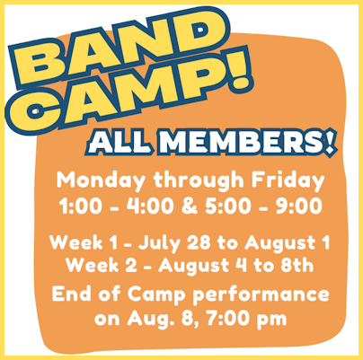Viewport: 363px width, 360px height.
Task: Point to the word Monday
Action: pyautogui.click(x=102, y=181)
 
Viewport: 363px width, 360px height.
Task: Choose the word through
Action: pyautogui.click(x=199, y=181)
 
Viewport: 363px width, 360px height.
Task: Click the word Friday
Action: pyautogui.click(x=288, y=180)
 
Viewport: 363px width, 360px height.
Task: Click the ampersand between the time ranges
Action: pyautogui.click(x=190, y=206)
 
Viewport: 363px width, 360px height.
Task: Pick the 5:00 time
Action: pyautogui.click(x=228, y=206)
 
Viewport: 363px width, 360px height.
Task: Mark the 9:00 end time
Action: pyautogui.click(x=299, y=206)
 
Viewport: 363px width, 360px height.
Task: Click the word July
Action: pyautogui.click(x=159, y=243)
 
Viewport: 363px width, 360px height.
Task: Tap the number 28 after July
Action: pyautogui.click(x=199, y=242)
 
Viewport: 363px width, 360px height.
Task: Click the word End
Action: pyautogui.click(x=72, y=293)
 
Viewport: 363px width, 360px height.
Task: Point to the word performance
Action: pyautogui.click(x=261, y=295)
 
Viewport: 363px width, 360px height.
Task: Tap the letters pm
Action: pyautogui.click(x=274, y=320)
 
